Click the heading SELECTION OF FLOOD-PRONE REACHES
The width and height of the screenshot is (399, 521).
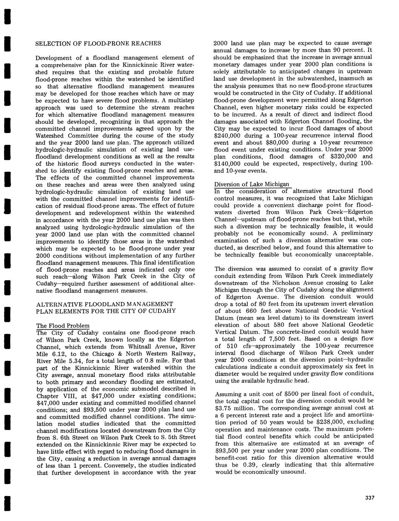[98, 43]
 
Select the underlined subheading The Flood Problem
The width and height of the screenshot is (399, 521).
[63, 326]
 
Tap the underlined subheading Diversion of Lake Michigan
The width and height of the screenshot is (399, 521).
[252, 184]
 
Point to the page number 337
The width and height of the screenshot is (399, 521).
[370, 498]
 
